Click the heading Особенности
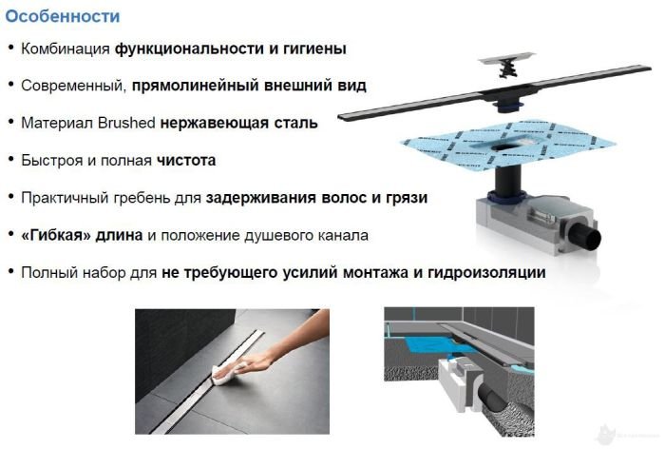click(x=63, y=16)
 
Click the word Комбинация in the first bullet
click(x=66, y=49)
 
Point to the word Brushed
click(x=126, y=123)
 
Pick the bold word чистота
click(x=186, y=161)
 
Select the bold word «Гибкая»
click(x=56, y=235)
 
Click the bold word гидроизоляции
click(x=486, y=273)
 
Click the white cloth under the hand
click(x=226, y=374)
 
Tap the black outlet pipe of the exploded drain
click(x=586, y=238)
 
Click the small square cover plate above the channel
click(x=506, y=59)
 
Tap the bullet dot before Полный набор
click(x=11, y=271)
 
